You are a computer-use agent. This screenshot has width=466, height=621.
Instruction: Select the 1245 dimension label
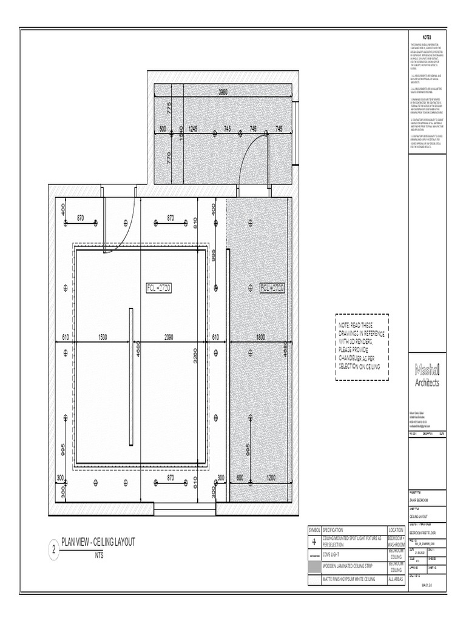[194, 129]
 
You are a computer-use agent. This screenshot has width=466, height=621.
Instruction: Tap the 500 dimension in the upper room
[163, 129]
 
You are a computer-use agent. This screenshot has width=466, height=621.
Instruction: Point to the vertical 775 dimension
[170, 108]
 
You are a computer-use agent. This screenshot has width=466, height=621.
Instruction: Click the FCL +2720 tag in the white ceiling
[159, 287]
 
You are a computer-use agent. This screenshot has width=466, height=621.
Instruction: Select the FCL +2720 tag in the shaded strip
[272, 287]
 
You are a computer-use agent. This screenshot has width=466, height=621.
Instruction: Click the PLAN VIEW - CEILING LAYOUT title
[98, 542]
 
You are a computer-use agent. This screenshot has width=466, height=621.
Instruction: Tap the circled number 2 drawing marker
[53, 551]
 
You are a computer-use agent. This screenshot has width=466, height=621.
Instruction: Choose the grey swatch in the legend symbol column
[314, 567]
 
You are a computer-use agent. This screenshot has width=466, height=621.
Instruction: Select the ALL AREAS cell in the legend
[396, 580]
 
